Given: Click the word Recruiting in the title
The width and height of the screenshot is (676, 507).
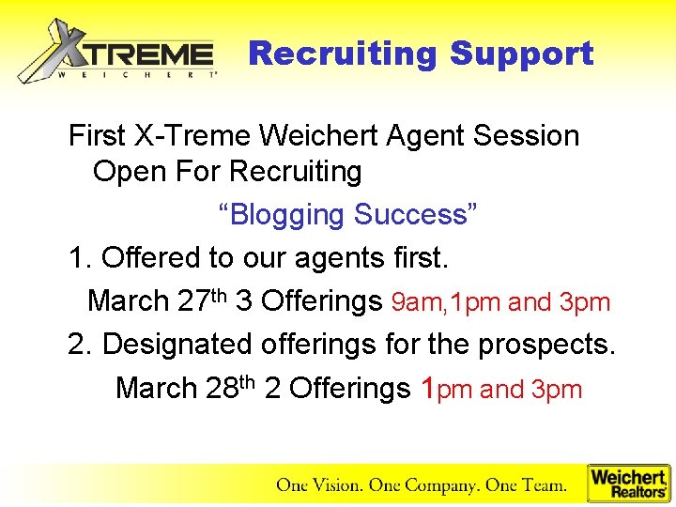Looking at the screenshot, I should tap(343, 54).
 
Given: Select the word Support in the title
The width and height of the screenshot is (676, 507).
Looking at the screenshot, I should tap(521, 54).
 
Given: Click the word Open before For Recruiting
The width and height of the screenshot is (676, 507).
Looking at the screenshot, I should tap(127, 172).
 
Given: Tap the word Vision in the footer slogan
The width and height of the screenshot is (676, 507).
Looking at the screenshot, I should tap(336, 485).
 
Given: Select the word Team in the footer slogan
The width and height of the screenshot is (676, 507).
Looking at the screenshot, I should tap(544, 485).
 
